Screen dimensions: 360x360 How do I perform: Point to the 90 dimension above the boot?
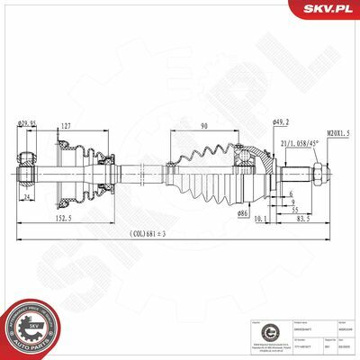click(203, 125)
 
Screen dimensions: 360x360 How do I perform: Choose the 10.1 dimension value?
click(259, 217)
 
